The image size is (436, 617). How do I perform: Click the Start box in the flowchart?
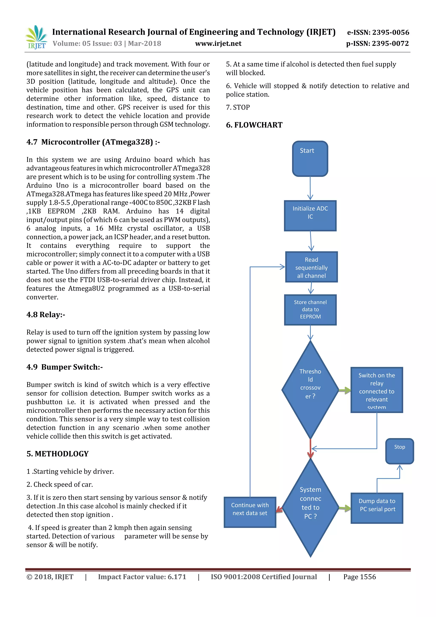pyautogui.click(x=310, y=158)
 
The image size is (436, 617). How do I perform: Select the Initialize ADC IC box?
pyautogui.click(x=310, y=216)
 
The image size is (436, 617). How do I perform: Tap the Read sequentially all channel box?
pyautogui.click(x=311, y=267)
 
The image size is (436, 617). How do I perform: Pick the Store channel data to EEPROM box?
pyautogui.click(x=310, y=310)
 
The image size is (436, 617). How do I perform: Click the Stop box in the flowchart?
pyautogui.click(x=399, y=451)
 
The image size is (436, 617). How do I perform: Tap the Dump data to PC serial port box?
pyautogui.click(x=377, y=508)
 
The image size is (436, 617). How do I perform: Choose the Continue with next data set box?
pyautogui.click(x=250, y=512)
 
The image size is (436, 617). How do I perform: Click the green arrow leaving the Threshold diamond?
pyautogui.click(x=345, y=390)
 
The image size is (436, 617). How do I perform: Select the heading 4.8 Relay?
pyautogui.click(x=46, y=314)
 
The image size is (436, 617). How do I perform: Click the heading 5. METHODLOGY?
pyautogui.click(x=57, y=454)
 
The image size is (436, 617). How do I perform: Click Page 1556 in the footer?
pyautogui.click(x=359, y=577)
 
